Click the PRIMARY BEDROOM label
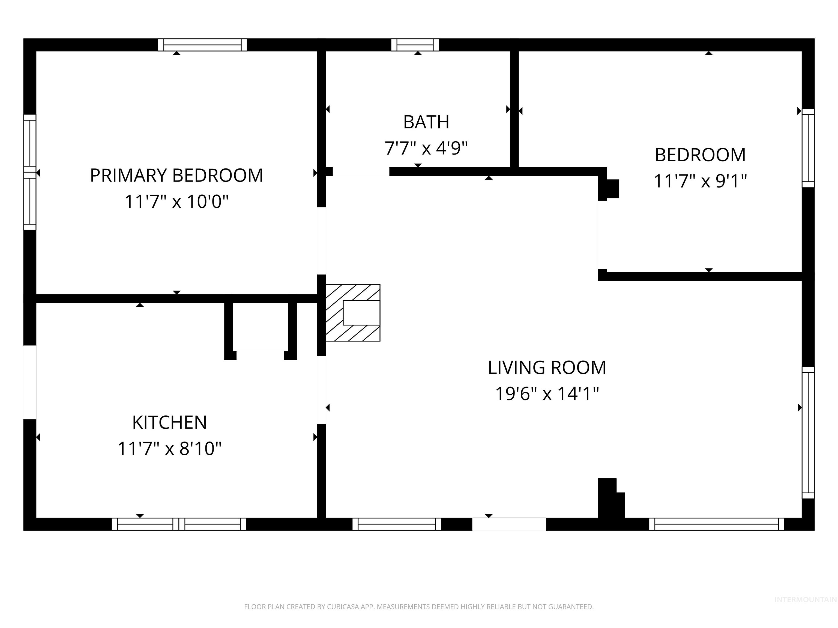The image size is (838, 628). point(176,175)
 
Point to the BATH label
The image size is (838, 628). point(426,122)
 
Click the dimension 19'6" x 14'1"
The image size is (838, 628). point(547,394)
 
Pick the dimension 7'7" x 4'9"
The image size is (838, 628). point(426,148)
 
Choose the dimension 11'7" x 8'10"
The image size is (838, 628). point(169,449)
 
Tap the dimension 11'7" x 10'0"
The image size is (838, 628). point(176,201)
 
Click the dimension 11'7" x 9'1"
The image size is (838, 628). point(700,181)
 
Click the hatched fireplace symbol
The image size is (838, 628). point(353,312)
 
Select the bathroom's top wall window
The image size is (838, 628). point(415,45)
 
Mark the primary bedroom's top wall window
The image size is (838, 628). point(202,45)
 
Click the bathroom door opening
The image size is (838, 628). point(361,172)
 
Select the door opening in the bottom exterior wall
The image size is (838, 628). point(509,524)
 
